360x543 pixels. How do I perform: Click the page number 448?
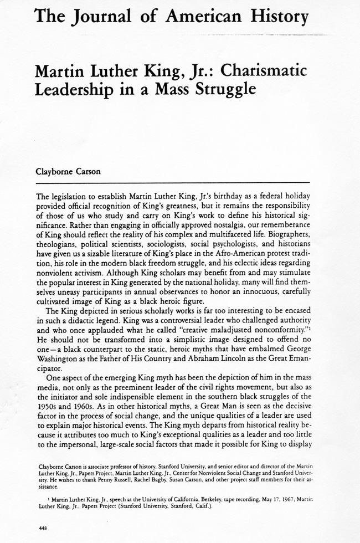tap(43, 528)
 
